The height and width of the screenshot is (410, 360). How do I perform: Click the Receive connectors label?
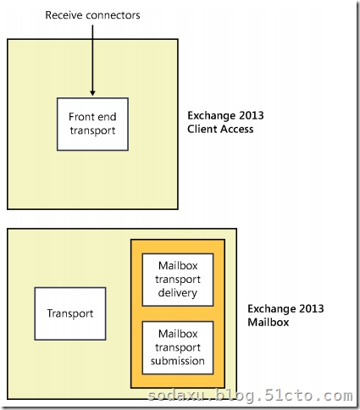(92, 15)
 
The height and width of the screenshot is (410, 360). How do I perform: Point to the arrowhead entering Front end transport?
(92, 93)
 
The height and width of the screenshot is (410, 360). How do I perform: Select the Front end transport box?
(92, 125)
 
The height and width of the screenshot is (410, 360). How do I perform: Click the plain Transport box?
(70, 313)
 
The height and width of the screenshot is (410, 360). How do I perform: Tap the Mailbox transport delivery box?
(178, 280)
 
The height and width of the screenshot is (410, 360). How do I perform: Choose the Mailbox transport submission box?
(178, 348)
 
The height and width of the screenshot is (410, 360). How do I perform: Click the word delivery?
(178, 293)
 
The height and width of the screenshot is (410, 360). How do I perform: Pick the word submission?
(178, 361)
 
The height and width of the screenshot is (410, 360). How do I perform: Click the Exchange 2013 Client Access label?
(225, 122)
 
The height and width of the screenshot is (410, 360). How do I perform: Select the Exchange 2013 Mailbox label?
(285, 315)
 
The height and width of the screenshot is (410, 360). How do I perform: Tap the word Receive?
(64, 15)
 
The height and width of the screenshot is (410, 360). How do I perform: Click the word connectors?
(113, 15)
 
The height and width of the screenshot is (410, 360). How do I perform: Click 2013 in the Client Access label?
(252, 115)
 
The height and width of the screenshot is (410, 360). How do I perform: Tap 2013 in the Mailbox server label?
(311, 308)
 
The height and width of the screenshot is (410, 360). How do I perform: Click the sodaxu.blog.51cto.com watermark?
(250, 396)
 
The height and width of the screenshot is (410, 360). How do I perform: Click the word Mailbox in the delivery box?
(178, 266)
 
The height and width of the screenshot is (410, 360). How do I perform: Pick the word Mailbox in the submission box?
(178, 334)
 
